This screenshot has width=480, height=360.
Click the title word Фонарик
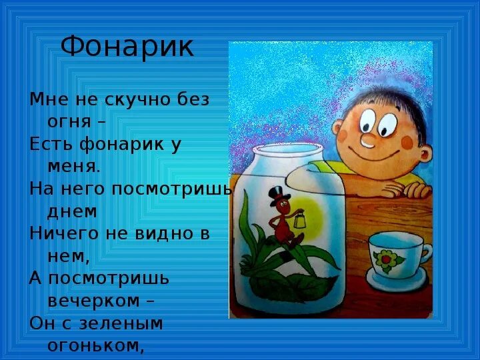(127, 47)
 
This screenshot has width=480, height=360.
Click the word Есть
(49, 143)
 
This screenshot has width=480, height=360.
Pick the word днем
(72, 211)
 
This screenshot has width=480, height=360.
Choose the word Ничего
(60, 233)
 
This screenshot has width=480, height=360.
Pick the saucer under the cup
(397, 281)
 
